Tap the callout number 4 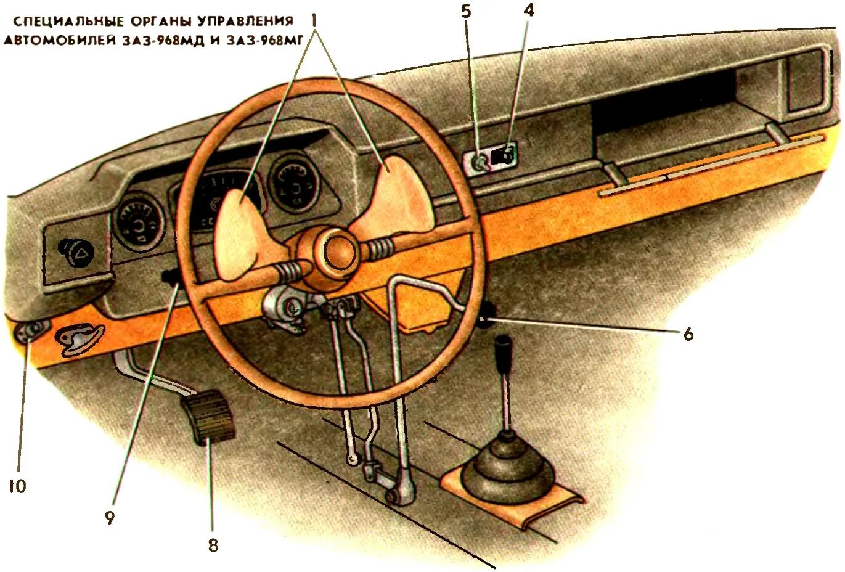click(x=528, y=10)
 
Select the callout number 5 click(x=466, y=10)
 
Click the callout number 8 click(x=213, y=545)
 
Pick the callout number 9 click(x=110, y=518)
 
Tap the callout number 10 click(x=17, y=486)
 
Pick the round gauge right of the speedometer click(x=295, y=183)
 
